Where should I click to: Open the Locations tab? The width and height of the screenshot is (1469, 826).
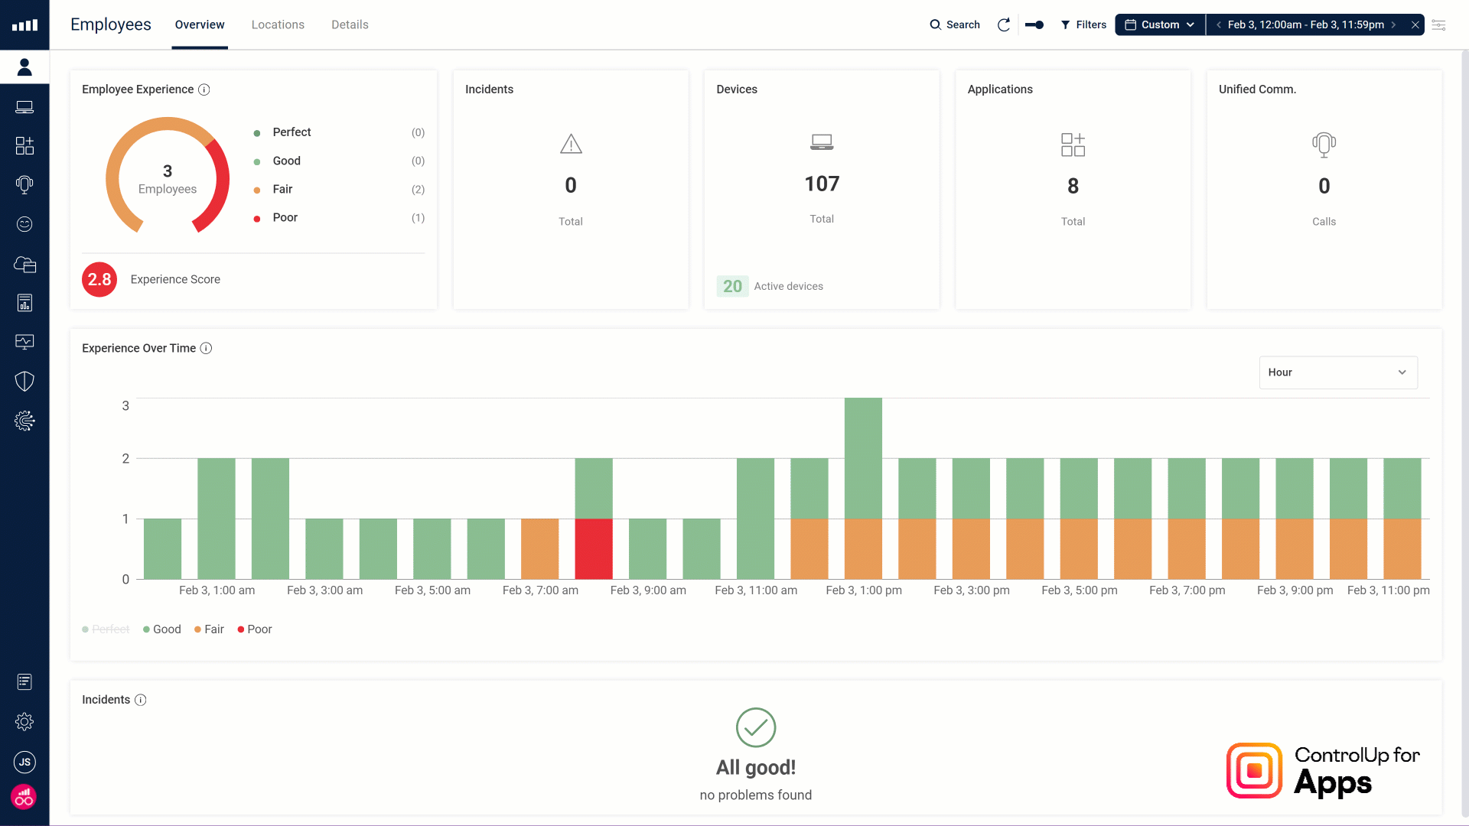[x=278, y=24]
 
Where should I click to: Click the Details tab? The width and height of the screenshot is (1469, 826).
[x=350, y=24]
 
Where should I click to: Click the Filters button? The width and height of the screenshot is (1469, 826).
[x=1083, y=24]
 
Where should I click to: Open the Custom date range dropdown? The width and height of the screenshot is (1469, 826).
[x=1160, y=24]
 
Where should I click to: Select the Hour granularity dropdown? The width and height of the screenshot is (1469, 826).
[x=1337, y=372]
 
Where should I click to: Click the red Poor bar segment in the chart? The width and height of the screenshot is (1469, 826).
[x=594, y=548]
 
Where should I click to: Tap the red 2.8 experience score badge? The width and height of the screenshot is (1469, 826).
[x=99, y=279]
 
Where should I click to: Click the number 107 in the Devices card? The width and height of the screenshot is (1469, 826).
[x=822, y=184]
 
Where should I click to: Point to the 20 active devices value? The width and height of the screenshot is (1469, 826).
[x=732, y=286]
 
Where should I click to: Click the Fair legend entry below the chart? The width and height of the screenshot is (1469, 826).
[x=209, y=629]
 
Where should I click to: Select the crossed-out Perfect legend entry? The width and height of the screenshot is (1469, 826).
[x=106, y=629]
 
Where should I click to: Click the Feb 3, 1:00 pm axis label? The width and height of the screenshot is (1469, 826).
[x=864, y=590]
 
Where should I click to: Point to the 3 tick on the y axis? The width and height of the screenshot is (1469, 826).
[x=125, y=405]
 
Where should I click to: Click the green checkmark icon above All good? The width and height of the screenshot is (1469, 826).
[x=756, y=727]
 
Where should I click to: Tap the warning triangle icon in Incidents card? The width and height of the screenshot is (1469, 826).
[x=571, y=144]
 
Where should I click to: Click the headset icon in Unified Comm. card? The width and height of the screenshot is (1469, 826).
[x=1324, y=145]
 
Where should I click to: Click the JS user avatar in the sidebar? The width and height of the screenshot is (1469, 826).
[x=24, y=762]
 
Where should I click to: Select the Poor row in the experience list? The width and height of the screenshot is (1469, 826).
[x=285, y=218]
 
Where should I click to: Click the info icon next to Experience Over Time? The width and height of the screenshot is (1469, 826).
[x=206, y=348]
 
